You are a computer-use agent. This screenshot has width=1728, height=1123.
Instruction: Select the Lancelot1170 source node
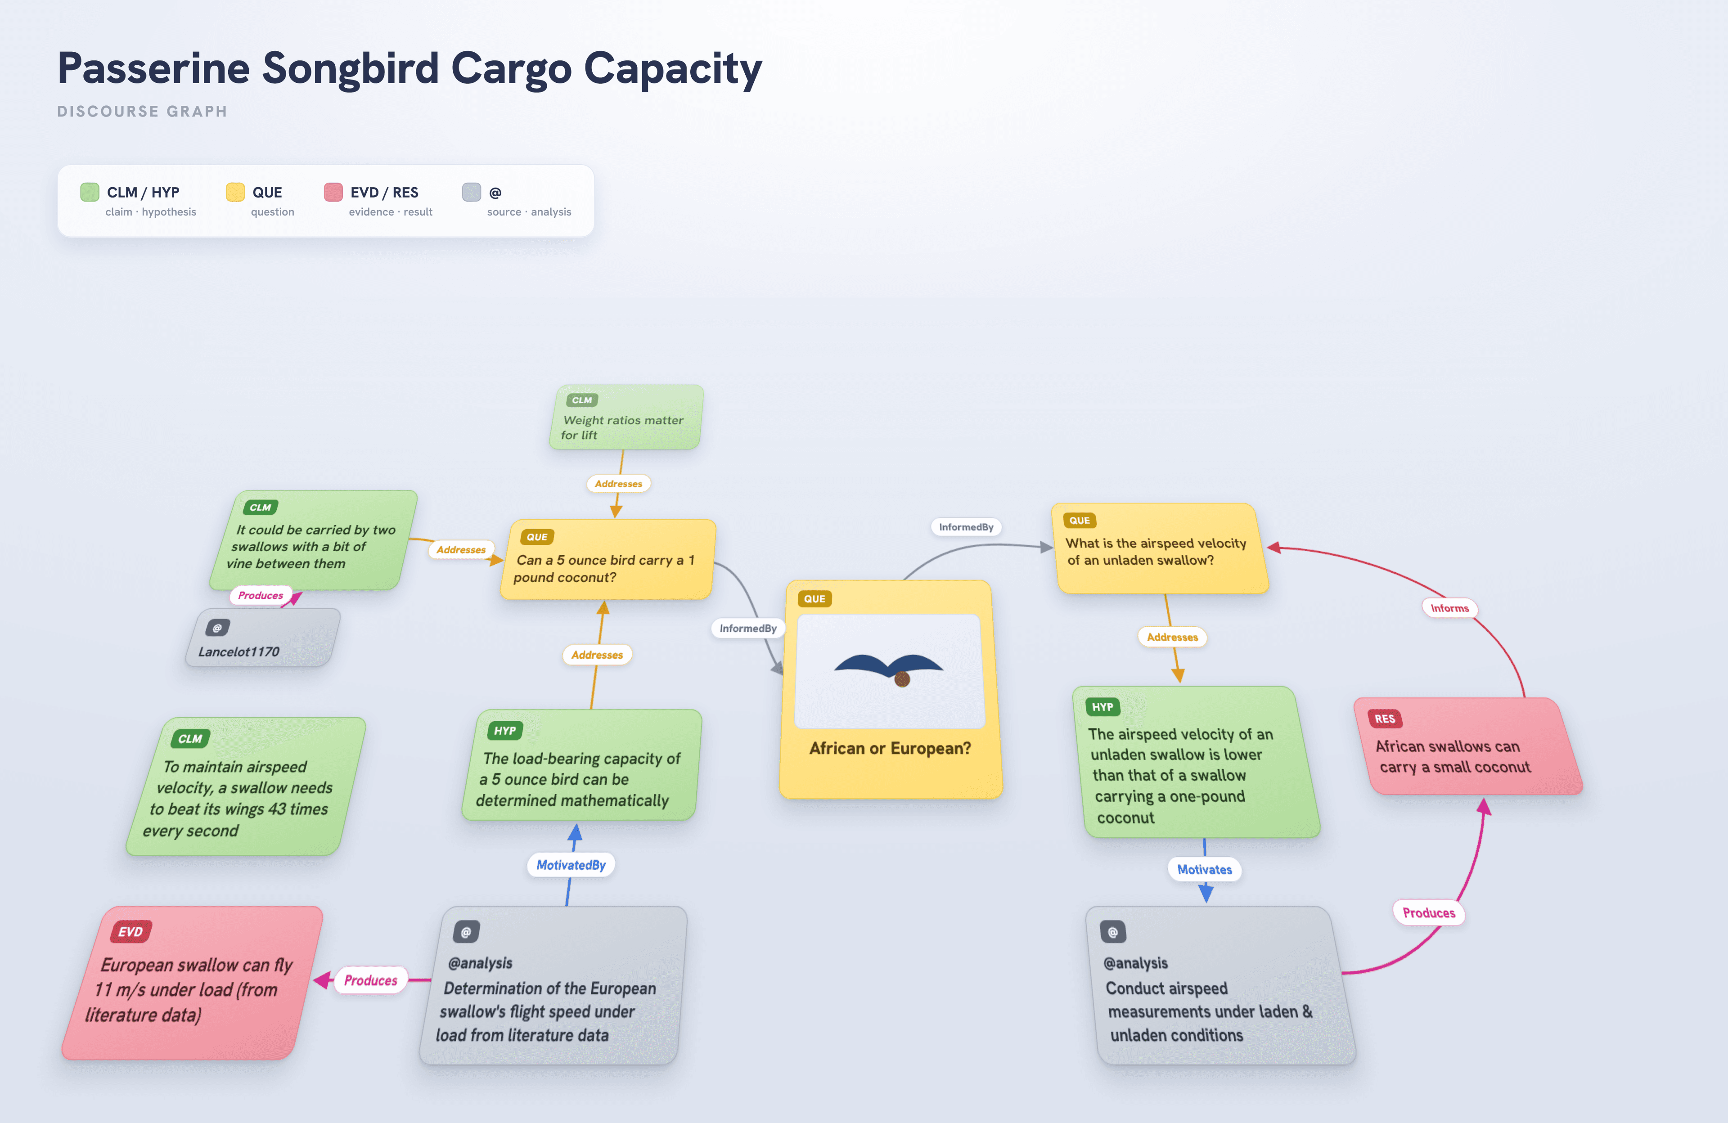point(263,638)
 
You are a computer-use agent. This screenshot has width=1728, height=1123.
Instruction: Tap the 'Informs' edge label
point(1449,608)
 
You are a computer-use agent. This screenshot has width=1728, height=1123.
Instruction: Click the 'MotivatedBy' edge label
point(571,865)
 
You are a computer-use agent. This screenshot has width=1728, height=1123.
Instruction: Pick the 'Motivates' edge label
point(1205,869)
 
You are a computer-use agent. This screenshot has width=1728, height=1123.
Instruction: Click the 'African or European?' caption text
point(890,748)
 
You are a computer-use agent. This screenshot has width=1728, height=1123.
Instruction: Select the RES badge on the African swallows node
point(1385,719)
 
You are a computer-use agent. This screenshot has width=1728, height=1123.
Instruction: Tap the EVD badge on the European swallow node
point(130,931)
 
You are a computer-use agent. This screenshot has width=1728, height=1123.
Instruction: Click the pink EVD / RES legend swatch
point(333,192)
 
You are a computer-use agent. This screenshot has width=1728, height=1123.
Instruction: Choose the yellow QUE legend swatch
point(235,192)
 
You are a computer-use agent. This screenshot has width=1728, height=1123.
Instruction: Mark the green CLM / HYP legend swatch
point(89,192)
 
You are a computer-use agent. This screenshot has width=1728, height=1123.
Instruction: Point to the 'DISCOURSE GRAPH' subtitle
point(142,111)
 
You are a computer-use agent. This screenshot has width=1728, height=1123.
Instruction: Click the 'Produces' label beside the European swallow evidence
point(370,980)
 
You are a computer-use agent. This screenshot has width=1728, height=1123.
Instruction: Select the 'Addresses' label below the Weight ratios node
point(619,484)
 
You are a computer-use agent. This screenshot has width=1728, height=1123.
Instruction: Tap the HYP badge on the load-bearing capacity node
point(504,730)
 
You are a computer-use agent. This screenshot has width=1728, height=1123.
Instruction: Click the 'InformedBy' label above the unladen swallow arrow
point(966,527)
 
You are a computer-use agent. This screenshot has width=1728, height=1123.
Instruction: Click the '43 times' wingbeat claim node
point(245,786)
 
